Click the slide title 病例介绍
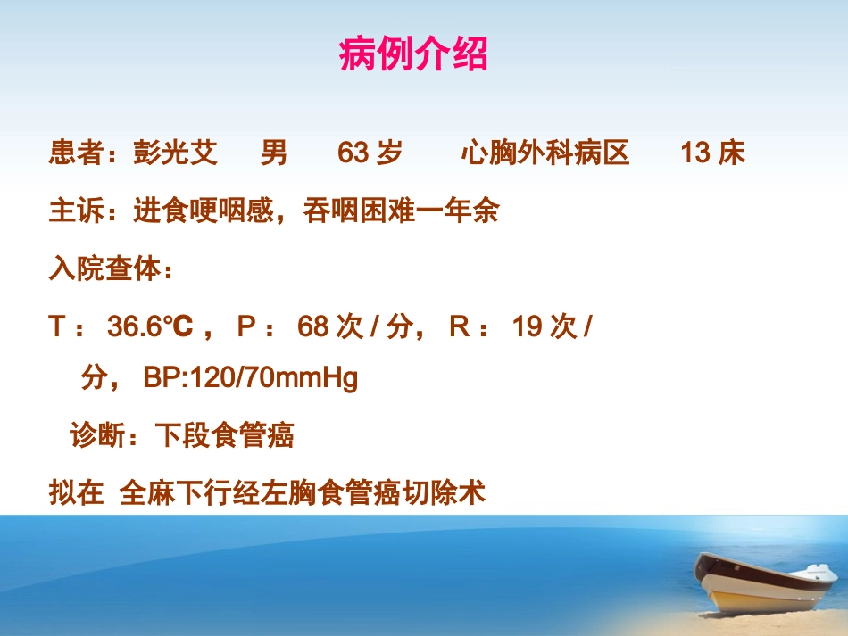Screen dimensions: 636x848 (x=413, y=55)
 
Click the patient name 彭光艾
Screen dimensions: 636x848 (x=175, y=153)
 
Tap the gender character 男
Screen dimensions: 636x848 (x=274, y=153)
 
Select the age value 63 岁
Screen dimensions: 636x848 (x=370, y=153)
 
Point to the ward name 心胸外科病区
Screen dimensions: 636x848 (x=545, y=153)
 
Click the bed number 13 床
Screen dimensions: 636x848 (x=712, y=153)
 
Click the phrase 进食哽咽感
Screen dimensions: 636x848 (x=202, y=211)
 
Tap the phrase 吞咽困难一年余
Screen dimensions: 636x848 (x=401, y=211)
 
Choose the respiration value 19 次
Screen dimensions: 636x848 (x=545, y=327)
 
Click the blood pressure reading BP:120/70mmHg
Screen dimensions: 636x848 (x=250, y=379)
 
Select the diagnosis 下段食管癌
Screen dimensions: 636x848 (x=225, y=436)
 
